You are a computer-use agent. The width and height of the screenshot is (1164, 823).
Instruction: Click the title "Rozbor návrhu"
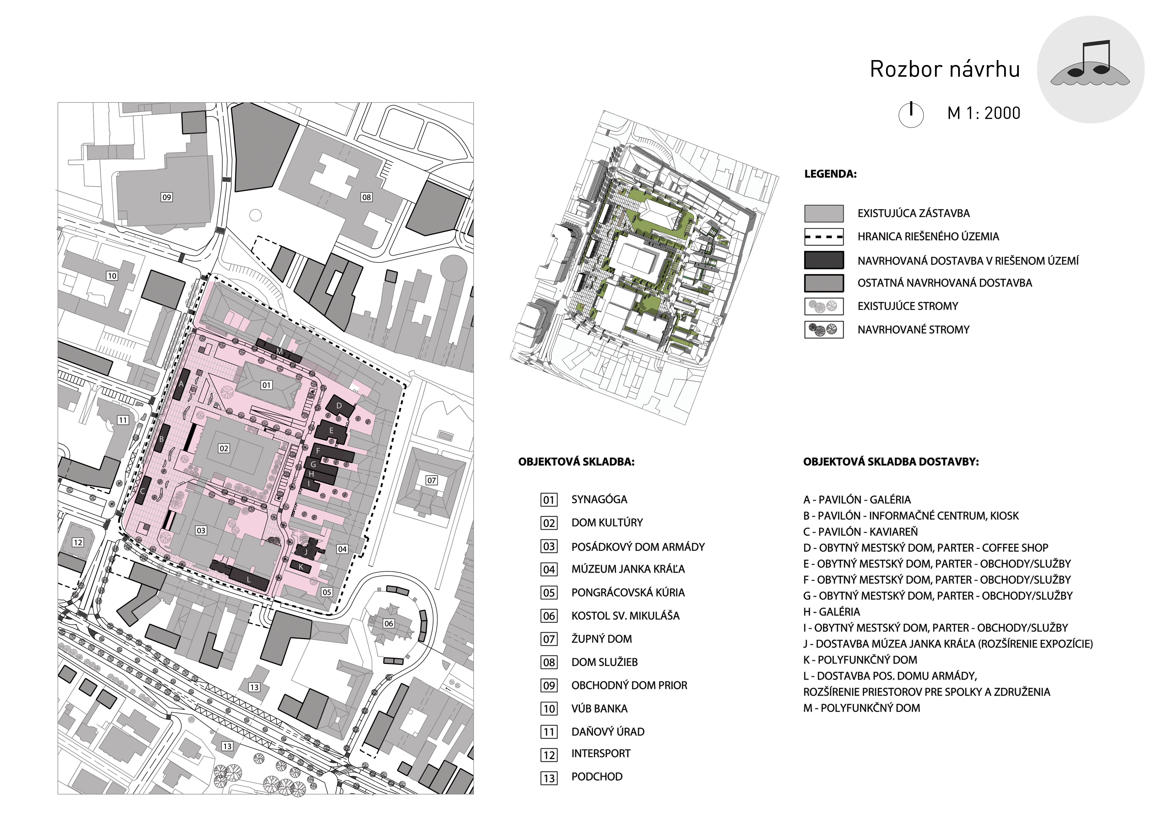pyautogui.click(x=944, y=69)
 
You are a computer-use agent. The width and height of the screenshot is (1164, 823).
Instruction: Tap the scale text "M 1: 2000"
pyautogui.click(x=984, y=113)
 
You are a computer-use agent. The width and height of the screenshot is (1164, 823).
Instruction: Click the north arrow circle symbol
pyautogui.click(x=911, y=114)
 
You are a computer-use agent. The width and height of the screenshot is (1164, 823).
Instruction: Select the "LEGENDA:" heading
pyautogui.click(x=830, y=174)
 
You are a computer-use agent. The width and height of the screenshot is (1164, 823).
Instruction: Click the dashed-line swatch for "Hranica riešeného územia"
pyautogui.click(x=824, y=237)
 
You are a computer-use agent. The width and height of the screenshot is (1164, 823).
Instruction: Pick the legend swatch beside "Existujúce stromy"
pyautogui.click(x=824, y=306)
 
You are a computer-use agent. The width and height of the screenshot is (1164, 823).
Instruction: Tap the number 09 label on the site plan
pyautogui.click(x=166, y=197)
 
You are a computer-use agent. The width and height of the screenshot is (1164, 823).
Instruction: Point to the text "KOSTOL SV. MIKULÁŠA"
pyautogui.click(x=625, y=616)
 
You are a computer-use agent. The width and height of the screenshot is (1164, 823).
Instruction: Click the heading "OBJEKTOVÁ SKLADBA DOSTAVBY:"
pyautogui.click(x=891, y=462)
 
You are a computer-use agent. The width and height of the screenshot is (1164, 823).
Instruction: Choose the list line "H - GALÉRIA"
pyautogui.click(x=832, y=612)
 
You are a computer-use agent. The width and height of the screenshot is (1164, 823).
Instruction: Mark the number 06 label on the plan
pyautogui.click(x=388, y=623)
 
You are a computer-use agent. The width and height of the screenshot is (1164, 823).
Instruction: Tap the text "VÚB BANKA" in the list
pyautogui.click(x=599, y=709)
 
